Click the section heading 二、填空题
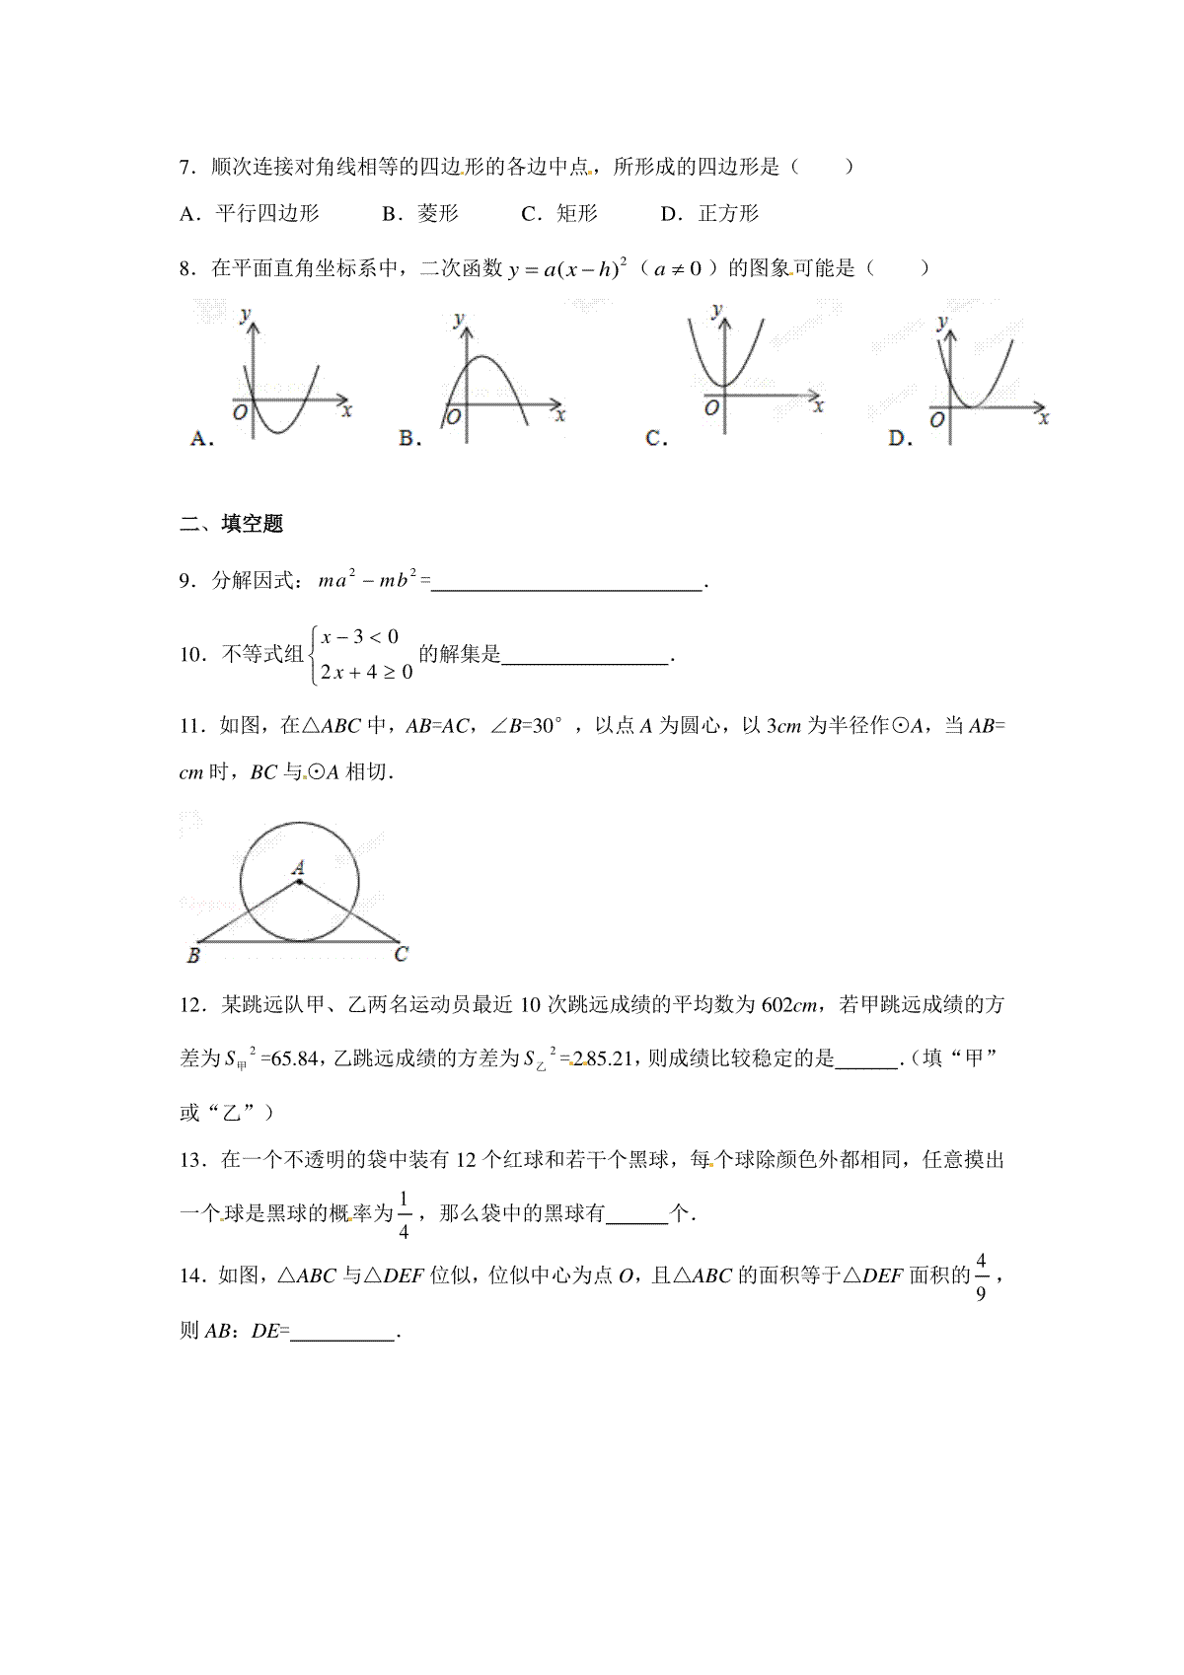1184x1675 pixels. [232, 525]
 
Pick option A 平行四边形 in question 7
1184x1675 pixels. [250, 214]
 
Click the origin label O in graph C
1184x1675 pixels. [710, 407]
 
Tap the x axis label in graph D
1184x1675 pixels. [1044, 419]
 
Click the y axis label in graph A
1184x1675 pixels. [244, 314]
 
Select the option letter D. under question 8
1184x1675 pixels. [899, 439]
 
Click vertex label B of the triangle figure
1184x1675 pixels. [193, 956]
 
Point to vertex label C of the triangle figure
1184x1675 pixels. [401, 954]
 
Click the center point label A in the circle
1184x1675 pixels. [298, 867]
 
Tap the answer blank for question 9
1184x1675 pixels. [567, 583]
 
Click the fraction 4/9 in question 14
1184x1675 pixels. [981, 1277]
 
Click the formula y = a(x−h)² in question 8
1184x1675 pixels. [568, 268]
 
